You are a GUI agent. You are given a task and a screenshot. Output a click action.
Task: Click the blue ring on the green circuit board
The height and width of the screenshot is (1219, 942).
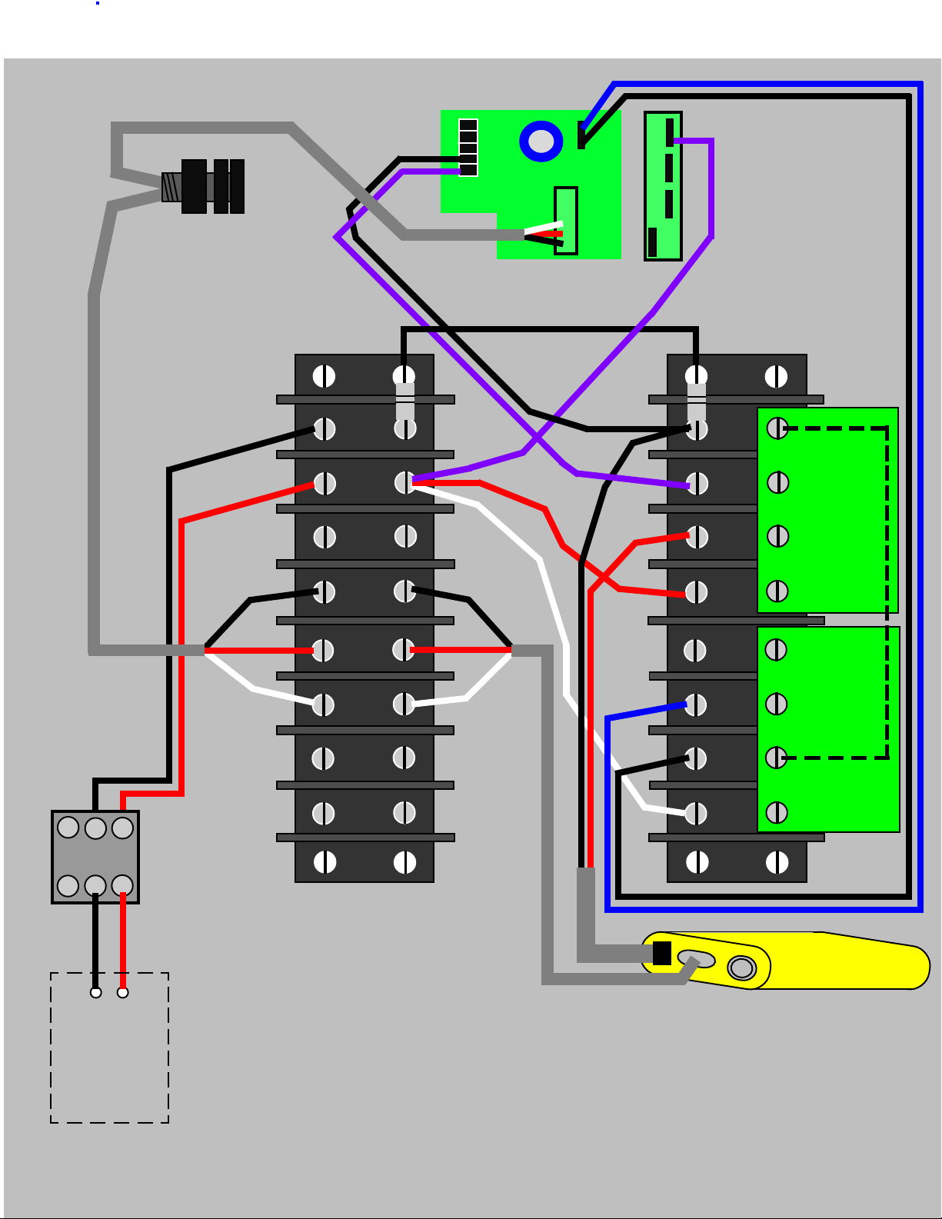541,142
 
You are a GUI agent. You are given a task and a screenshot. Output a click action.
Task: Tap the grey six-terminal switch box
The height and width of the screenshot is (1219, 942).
95,857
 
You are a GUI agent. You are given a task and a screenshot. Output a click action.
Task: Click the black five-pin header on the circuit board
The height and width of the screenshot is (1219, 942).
468,148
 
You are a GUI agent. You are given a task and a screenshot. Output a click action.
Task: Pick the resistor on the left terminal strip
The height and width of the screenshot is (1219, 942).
404,401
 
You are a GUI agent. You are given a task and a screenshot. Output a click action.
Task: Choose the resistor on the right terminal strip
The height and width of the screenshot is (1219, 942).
696,401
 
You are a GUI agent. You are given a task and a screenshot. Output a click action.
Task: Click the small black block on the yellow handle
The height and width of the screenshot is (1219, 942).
661,953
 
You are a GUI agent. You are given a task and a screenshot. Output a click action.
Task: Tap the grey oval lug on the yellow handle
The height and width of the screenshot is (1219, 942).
696,960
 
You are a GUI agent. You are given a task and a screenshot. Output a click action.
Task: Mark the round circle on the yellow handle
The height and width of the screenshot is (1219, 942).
741,967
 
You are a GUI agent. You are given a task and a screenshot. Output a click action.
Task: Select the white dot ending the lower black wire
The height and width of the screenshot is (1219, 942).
95,992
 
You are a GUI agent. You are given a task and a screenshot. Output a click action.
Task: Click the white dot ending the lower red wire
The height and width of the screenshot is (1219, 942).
122,992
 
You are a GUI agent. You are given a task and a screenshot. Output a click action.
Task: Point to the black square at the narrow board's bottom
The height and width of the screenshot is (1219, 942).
653,241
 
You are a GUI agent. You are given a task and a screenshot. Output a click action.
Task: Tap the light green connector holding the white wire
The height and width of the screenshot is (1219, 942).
566,220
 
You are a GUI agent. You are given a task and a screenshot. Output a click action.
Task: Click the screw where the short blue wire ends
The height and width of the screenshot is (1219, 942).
695,704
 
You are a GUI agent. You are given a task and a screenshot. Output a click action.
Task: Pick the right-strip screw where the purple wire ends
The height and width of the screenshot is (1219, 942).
696,484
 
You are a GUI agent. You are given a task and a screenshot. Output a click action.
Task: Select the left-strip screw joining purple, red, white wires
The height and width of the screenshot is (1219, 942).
404,482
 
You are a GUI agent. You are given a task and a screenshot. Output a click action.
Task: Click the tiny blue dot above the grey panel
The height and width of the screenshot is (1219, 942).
98,3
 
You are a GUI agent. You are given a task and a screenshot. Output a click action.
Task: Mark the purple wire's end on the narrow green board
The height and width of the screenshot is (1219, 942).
671,141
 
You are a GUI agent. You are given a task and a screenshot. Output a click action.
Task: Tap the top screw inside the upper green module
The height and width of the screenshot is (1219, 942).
777,428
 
